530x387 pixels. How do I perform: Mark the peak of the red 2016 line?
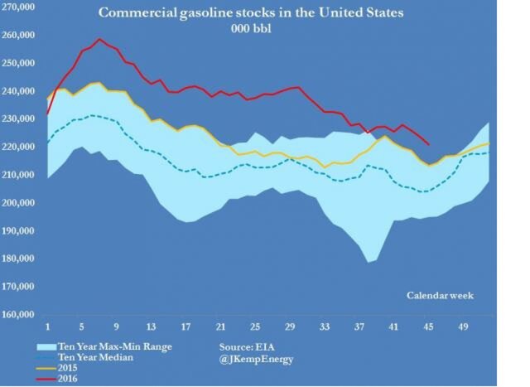point(99,39)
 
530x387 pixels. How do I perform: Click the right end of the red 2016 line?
point(428,144)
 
